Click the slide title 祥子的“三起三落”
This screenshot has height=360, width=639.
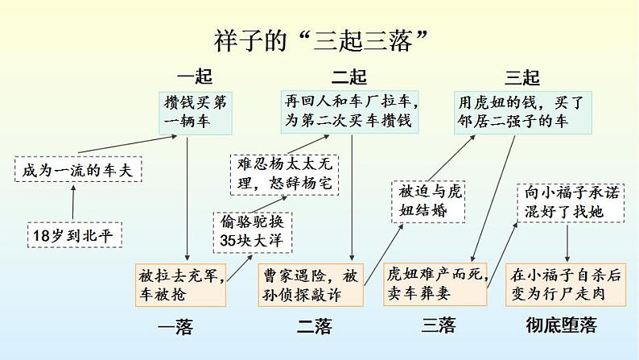coord(320,39)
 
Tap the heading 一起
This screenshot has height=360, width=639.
coord(194,77)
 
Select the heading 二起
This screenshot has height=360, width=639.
coord(349,77)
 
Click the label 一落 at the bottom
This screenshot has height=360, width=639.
coord(175,326)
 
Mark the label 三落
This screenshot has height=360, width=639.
coord(439,325)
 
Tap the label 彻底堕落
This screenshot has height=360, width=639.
coord(561,325)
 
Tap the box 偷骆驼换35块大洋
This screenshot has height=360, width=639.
coord(253,230)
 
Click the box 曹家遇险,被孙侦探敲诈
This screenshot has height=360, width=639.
coord(311,284)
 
